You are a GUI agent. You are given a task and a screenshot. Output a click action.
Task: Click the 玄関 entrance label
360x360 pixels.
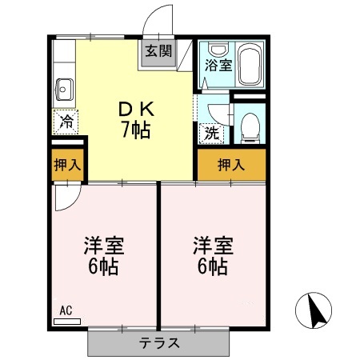coord(158,52)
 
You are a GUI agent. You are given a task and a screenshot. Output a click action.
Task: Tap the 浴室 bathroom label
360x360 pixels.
coord(215,64)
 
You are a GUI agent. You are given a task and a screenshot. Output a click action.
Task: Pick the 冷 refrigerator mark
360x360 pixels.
coord(66,122)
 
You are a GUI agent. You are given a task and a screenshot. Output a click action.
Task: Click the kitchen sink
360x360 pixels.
coord(65,90)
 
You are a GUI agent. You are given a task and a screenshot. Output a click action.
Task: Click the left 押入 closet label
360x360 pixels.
coord(66,166)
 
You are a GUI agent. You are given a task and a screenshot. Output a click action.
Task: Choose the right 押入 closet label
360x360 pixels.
coord(232,165)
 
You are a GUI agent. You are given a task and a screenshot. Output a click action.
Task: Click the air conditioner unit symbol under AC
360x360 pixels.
coord(67,320)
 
